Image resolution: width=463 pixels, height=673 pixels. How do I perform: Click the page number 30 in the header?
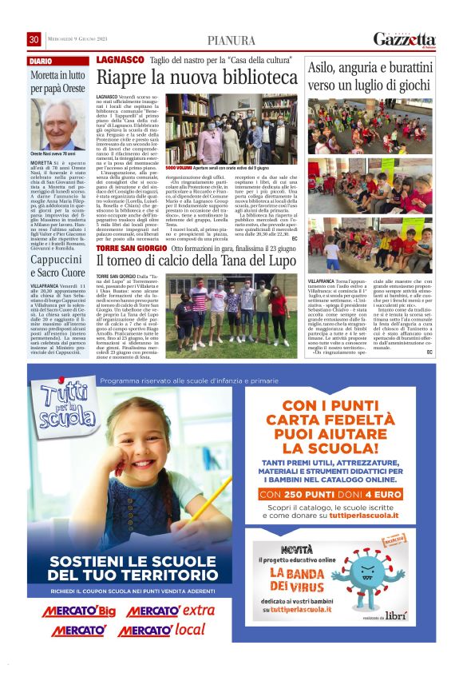coord(34,40)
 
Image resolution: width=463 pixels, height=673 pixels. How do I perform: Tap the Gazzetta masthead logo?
coord(404,39)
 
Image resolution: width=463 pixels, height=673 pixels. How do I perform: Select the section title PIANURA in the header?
coord(231,41)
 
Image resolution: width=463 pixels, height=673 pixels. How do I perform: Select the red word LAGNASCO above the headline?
coord(120,60)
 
